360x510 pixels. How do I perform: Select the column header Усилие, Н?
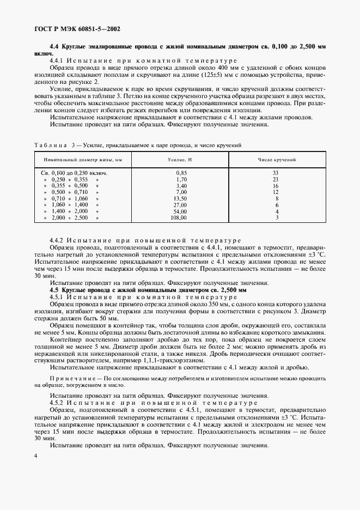pos(181,160)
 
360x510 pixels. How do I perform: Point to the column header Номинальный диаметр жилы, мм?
pos(84,160)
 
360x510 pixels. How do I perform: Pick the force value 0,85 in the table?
pos(181,173)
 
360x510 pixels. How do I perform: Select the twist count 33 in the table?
pos(276,173)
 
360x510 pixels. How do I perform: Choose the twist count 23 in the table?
pos(276,179)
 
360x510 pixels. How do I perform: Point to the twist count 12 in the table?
pos(276,192)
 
